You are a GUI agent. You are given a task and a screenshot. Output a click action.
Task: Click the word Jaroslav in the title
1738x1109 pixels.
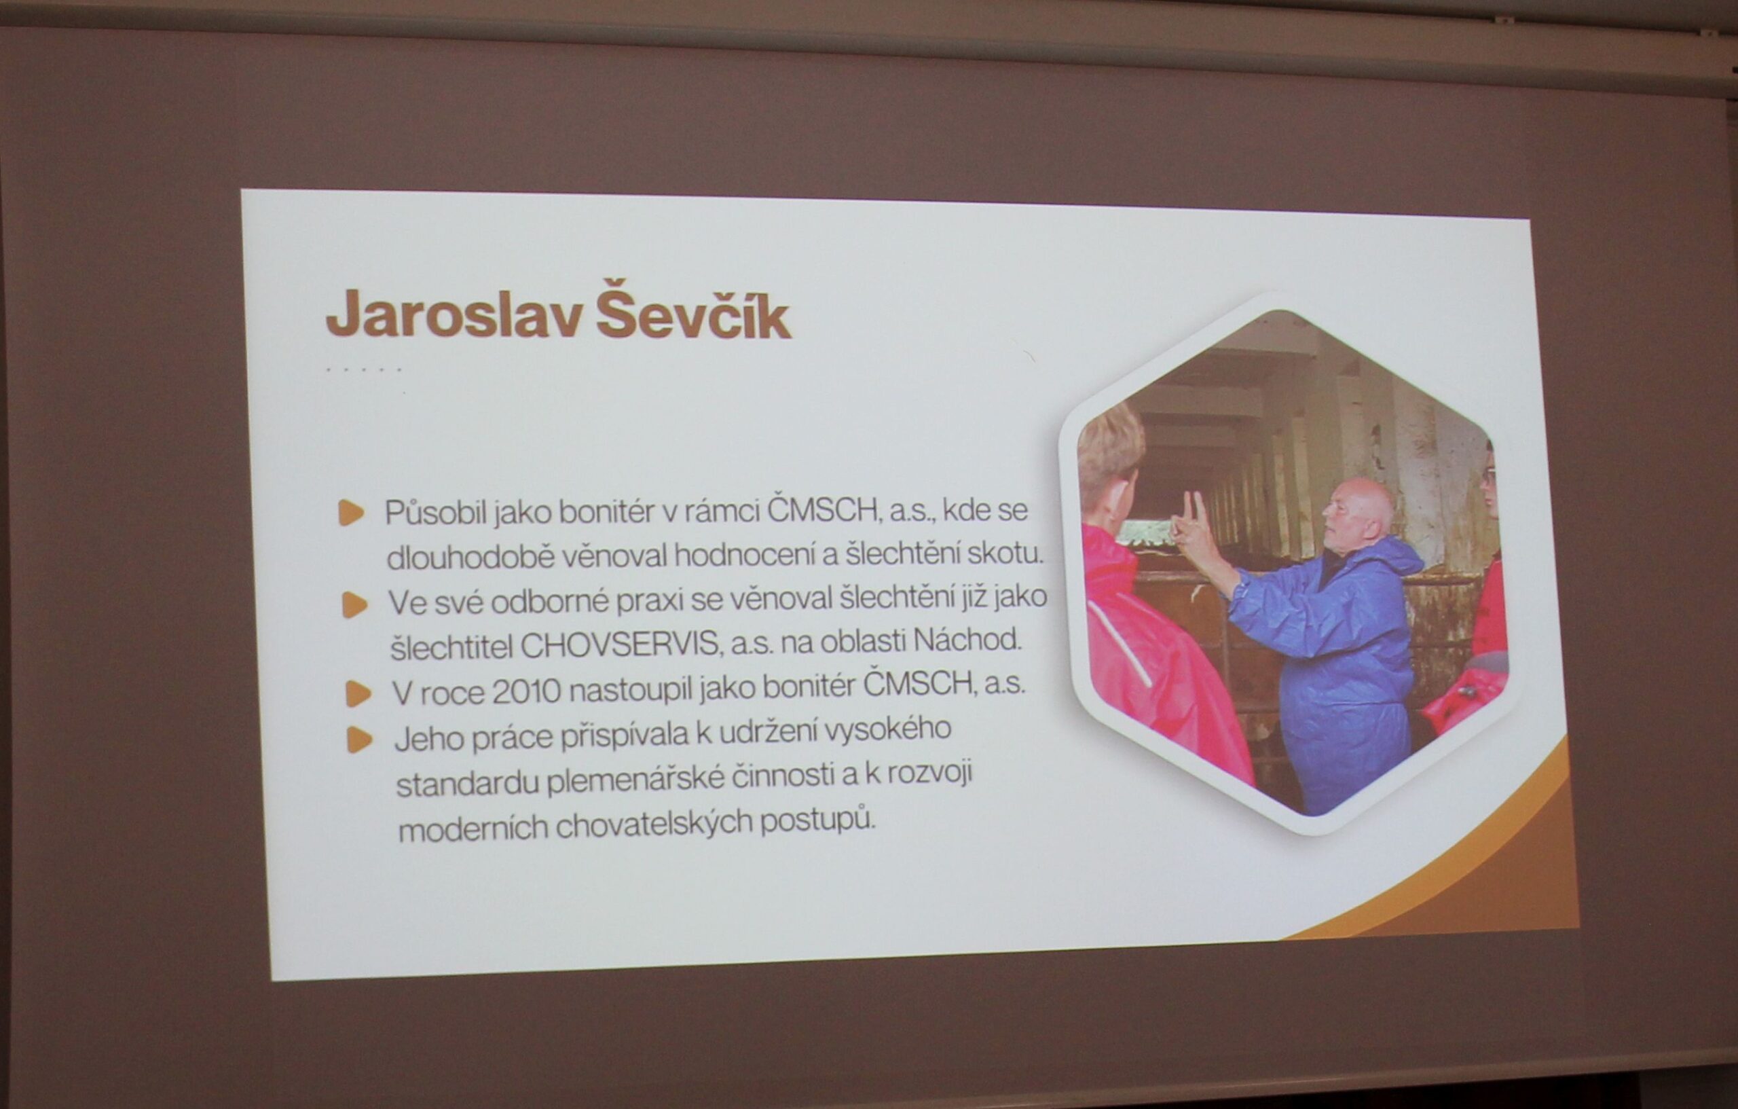pos(454,316)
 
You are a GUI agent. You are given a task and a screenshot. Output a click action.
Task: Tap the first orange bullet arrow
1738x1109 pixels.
pos(352,513)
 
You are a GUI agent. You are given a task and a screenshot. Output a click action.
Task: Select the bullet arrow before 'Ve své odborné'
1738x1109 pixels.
pos(354,604)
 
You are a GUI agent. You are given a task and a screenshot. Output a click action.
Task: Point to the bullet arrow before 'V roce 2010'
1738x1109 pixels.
pos(358,695)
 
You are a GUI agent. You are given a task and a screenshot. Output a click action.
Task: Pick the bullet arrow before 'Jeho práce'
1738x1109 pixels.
pos(359,740)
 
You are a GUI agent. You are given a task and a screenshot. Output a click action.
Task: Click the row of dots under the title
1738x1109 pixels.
pos(364,369)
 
